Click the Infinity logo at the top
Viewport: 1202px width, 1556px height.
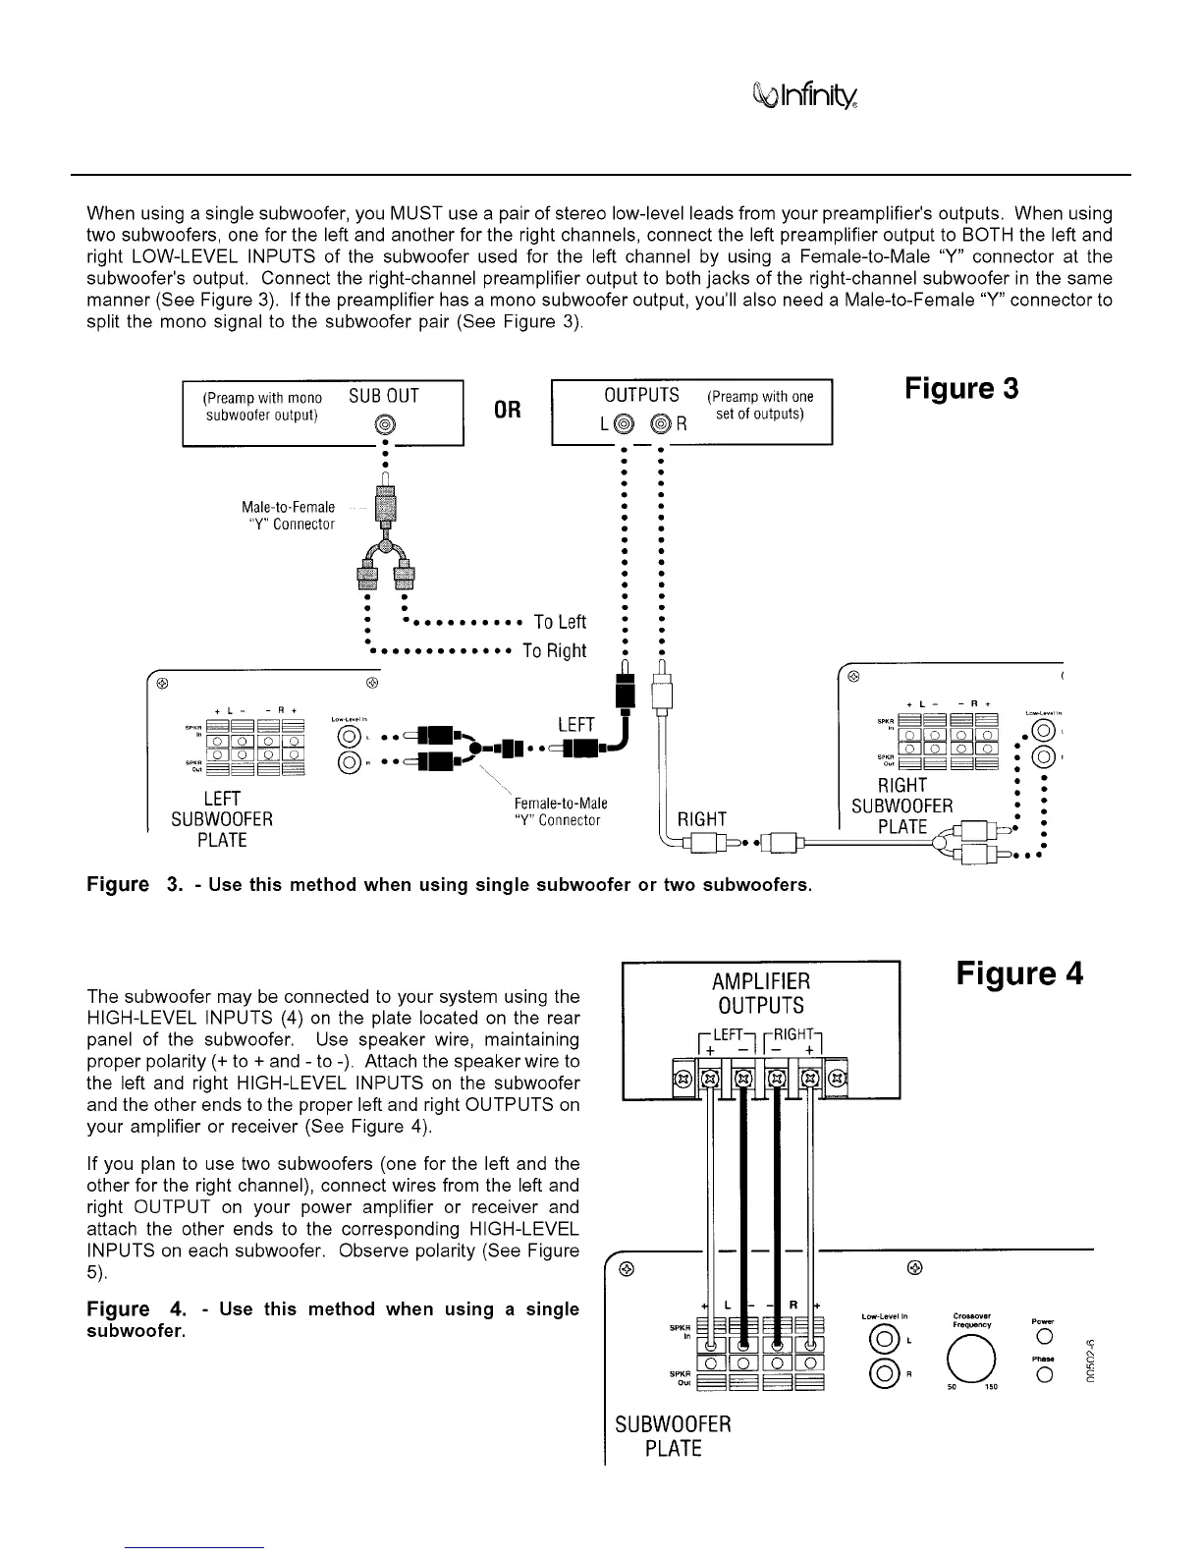[805, 95]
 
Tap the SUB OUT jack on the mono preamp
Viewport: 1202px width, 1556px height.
[385, 424]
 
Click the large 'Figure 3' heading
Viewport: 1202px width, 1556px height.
[961, 389]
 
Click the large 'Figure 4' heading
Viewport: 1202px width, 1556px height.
[1019, 973]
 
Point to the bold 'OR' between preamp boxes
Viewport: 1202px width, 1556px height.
[508, 409]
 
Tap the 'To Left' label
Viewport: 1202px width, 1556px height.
[560, 622]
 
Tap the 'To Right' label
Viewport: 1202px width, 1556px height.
[554, 650]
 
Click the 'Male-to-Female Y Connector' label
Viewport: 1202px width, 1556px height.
[288, 516]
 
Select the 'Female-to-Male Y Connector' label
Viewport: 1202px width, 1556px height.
[561, 811]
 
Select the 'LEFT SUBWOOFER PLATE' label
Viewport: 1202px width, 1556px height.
[222, 818]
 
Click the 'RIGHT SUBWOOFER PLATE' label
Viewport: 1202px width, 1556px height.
[902, 806]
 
